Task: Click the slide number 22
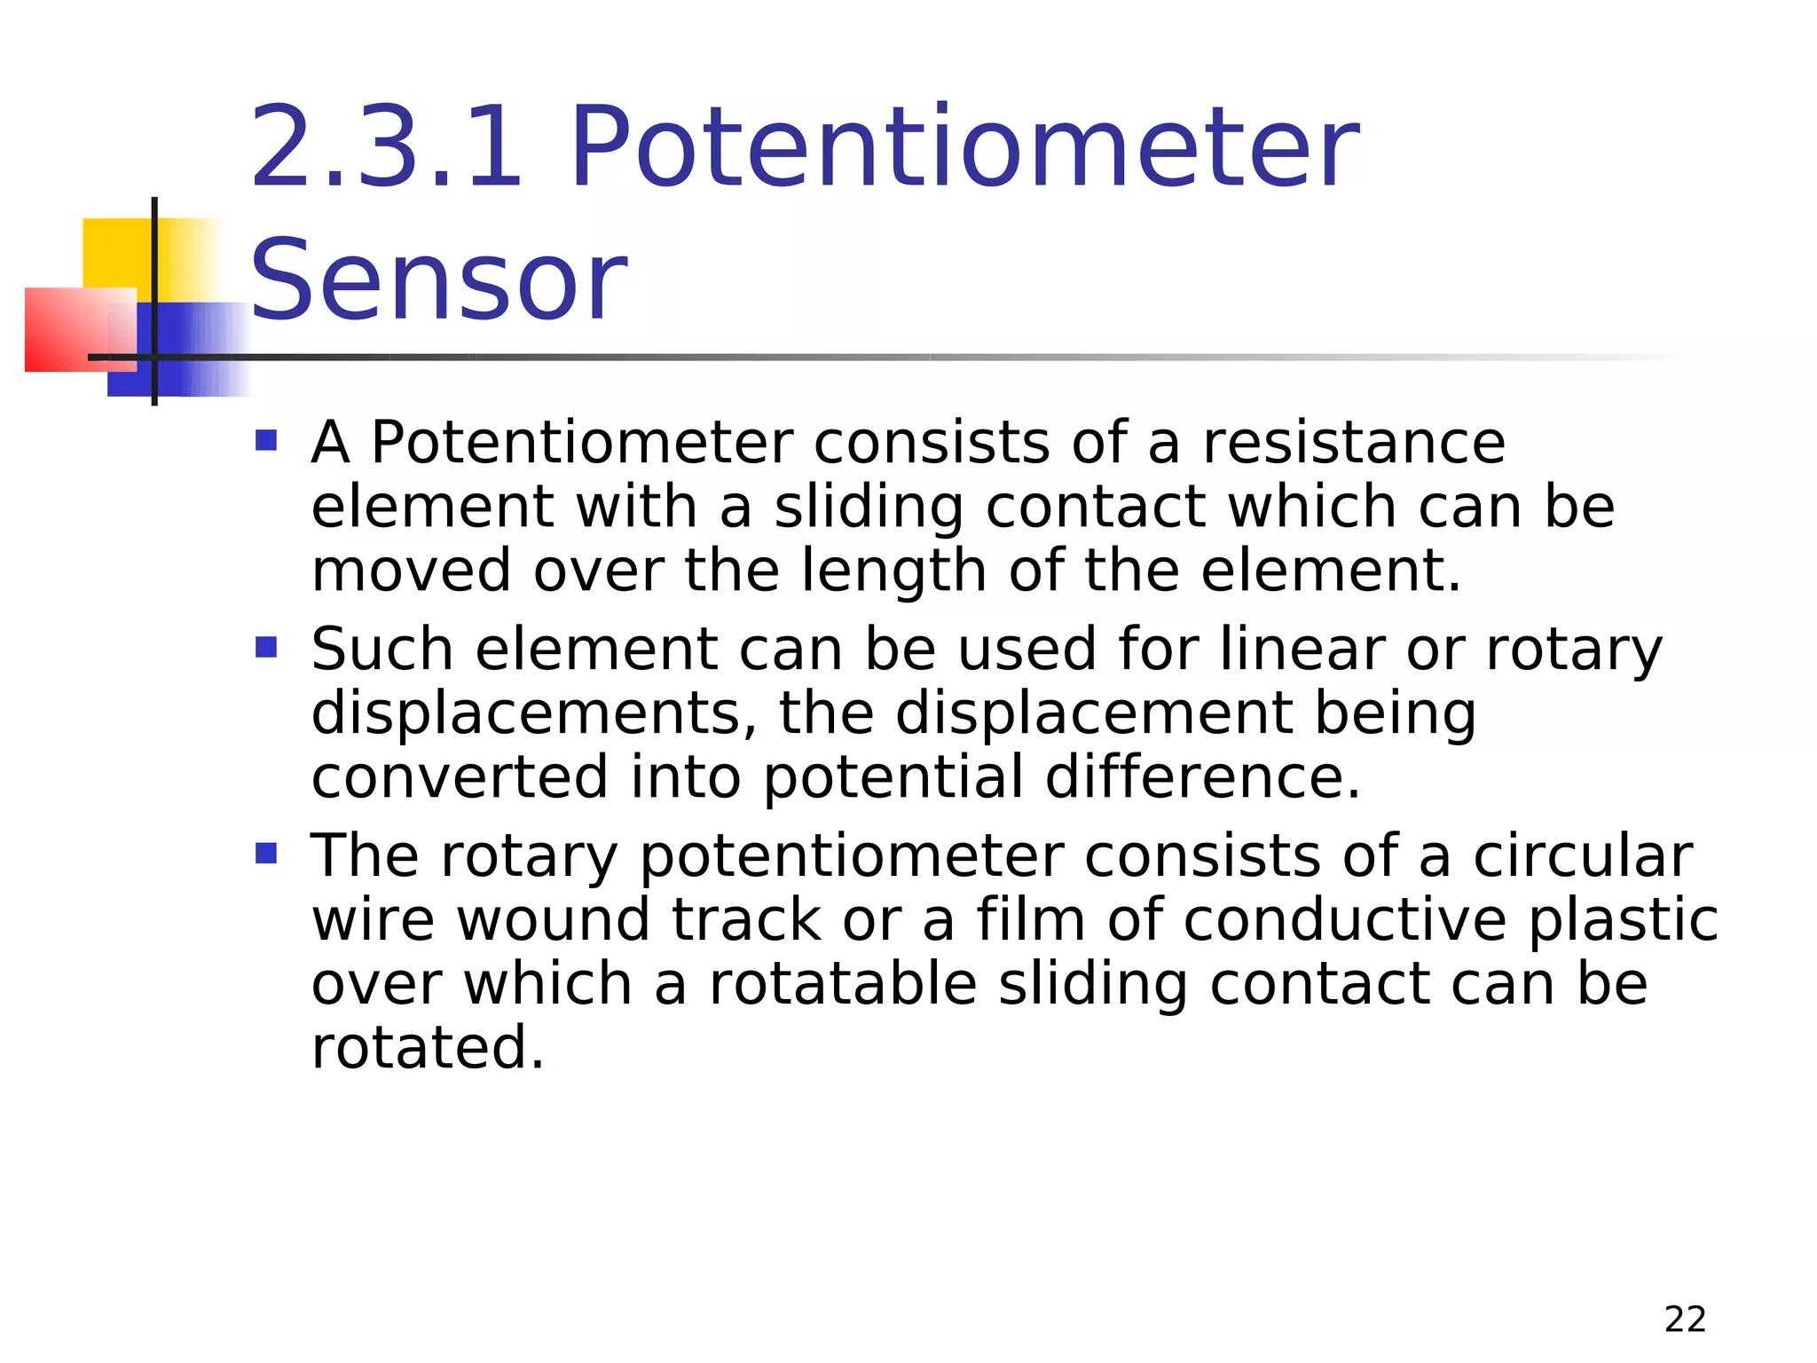[1685, 1320]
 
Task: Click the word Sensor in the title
[439, 280]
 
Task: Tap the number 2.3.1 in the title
[387, 147]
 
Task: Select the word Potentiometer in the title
[964, 147]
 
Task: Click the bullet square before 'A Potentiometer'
[266, 440]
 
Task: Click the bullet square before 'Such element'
[266, 647]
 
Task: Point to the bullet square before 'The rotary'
[266, 854]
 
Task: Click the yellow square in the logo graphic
[115, 252]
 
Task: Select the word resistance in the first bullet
[1354, 442]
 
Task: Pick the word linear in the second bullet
[1302, 649]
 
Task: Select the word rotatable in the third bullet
[843, 984]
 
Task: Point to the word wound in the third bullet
[554, 920]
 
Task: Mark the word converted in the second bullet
[460, 777]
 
